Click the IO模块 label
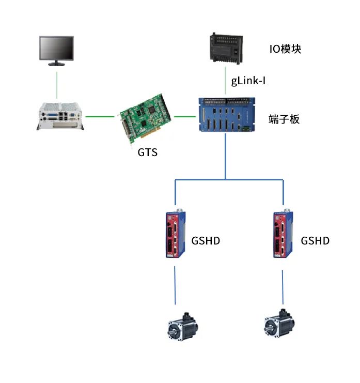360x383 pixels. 285,49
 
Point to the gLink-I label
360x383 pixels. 248,81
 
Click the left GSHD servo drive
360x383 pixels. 174,235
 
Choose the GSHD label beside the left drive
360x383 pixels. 206,241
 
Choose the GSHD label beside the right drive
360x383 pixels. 315,241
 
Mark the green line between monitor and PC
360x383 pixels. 57,83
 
